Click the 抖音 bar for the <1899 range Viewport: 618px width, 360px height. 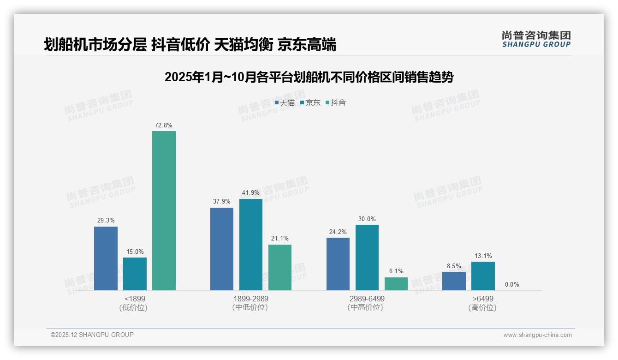click(164, 210)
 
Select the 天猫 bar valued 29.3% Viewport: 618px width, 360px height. click(106, 258)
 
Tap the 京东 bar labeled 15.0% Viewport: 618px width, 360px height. click(135, 274)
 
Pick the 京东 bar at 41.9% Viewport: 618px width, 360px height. click(250, 245)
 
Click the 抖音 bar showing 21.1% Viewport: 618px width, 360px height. click(280, 267)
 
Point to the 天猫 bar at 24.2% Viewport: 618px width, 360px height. click(338, 264)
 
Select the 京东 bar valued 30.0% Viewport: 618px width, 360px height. click(367, 258)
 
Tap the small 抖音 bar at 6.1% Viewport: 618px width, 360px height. click(396, 284)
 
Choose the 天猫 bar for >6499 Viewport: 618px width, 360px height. click(454, 281)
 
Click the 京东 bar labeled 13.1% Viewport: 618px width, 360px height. click(483, 276)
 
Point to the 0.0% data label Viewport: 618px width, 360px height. click(512, 285)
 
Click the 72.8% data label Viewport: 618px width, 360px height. click(164, 126)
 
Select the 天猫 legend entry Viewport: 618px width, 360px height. click(285, 102)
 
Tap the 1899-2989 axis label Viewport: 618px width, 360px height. click(250, 299)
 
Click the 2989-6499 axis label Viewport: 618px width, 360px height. click(367, 299)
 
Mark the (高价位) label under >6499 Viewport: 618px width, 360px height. click(482, 308)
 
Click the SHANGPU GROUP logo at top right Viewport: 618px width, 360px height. click(536, 39)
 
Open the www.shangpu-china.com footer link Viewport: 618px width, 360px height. click(537, 335)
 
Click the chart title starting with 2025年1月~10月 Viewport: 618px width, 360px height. click(309, 77)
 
